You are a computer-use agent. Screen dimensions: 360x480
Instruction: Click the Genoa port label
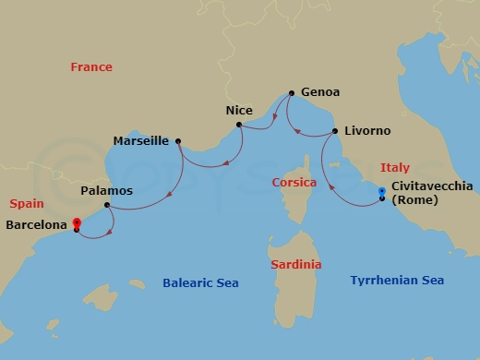[320, 92]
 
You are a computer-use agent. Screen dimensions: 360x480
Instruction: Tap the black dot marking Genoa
[292, 92]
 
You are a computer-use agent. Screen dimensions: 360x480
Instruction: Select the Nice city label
[238, 110]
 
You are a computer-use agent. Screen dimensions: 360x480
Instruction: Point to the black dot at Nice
[238, 125]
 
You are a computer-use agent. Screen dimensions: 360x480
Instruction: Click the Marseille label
[139, 141]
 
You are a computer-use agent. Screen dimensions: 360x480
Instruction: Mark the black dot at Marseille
[178, 141]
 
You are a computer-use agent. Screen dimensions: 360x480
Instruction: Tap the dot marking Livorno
[334, 131]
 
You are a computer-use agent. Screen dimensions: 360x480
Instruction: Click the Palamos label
[107, 190]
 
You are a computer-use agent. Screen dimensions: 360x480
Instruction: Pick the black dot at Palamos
[108, 205]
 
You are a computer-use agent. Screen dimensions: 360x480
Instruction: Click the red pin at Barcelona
[77, 222]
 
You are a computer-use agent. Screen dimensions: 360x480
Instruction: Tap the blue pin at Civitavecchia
[381, 193]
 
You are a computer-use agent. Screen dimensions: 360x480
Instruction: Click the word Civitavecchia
[432, 186]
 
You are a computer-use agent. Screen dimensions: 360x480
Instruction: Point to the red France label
[91, 67]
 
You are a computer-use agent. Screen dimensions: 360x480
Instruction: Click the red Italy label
[395, 167]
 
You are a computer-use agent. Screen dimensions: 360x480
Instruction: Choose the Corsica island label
[295, 183]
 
